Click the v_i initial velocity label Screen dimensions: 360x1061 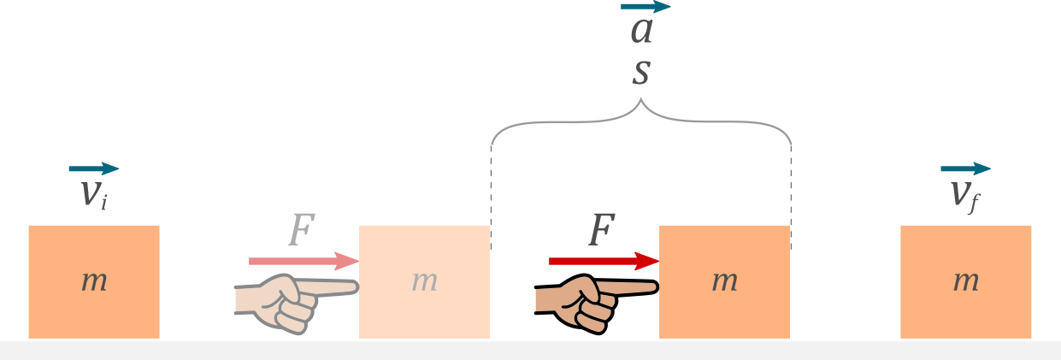[93, 194]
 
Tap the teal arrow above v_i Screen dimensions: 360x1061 [94, 168]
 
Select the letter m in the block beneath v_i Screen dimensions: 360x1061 [94, 280]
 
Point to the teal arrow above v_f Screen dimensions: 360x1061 [966, 168]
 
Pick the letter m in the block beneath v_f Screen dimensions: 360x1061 [966, 280]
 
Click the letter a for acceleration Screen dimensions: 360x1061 [641, 31]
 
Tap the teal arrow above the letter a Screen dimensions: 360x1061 [645, 7]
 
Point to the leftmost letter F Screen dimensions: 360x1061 [301, 230]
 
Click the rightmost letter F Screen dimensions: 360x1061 [602, 230]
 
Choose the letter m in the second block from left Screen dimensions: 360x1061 [424, 280]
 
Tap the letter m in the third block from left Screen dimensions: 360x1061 [724, 280]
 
